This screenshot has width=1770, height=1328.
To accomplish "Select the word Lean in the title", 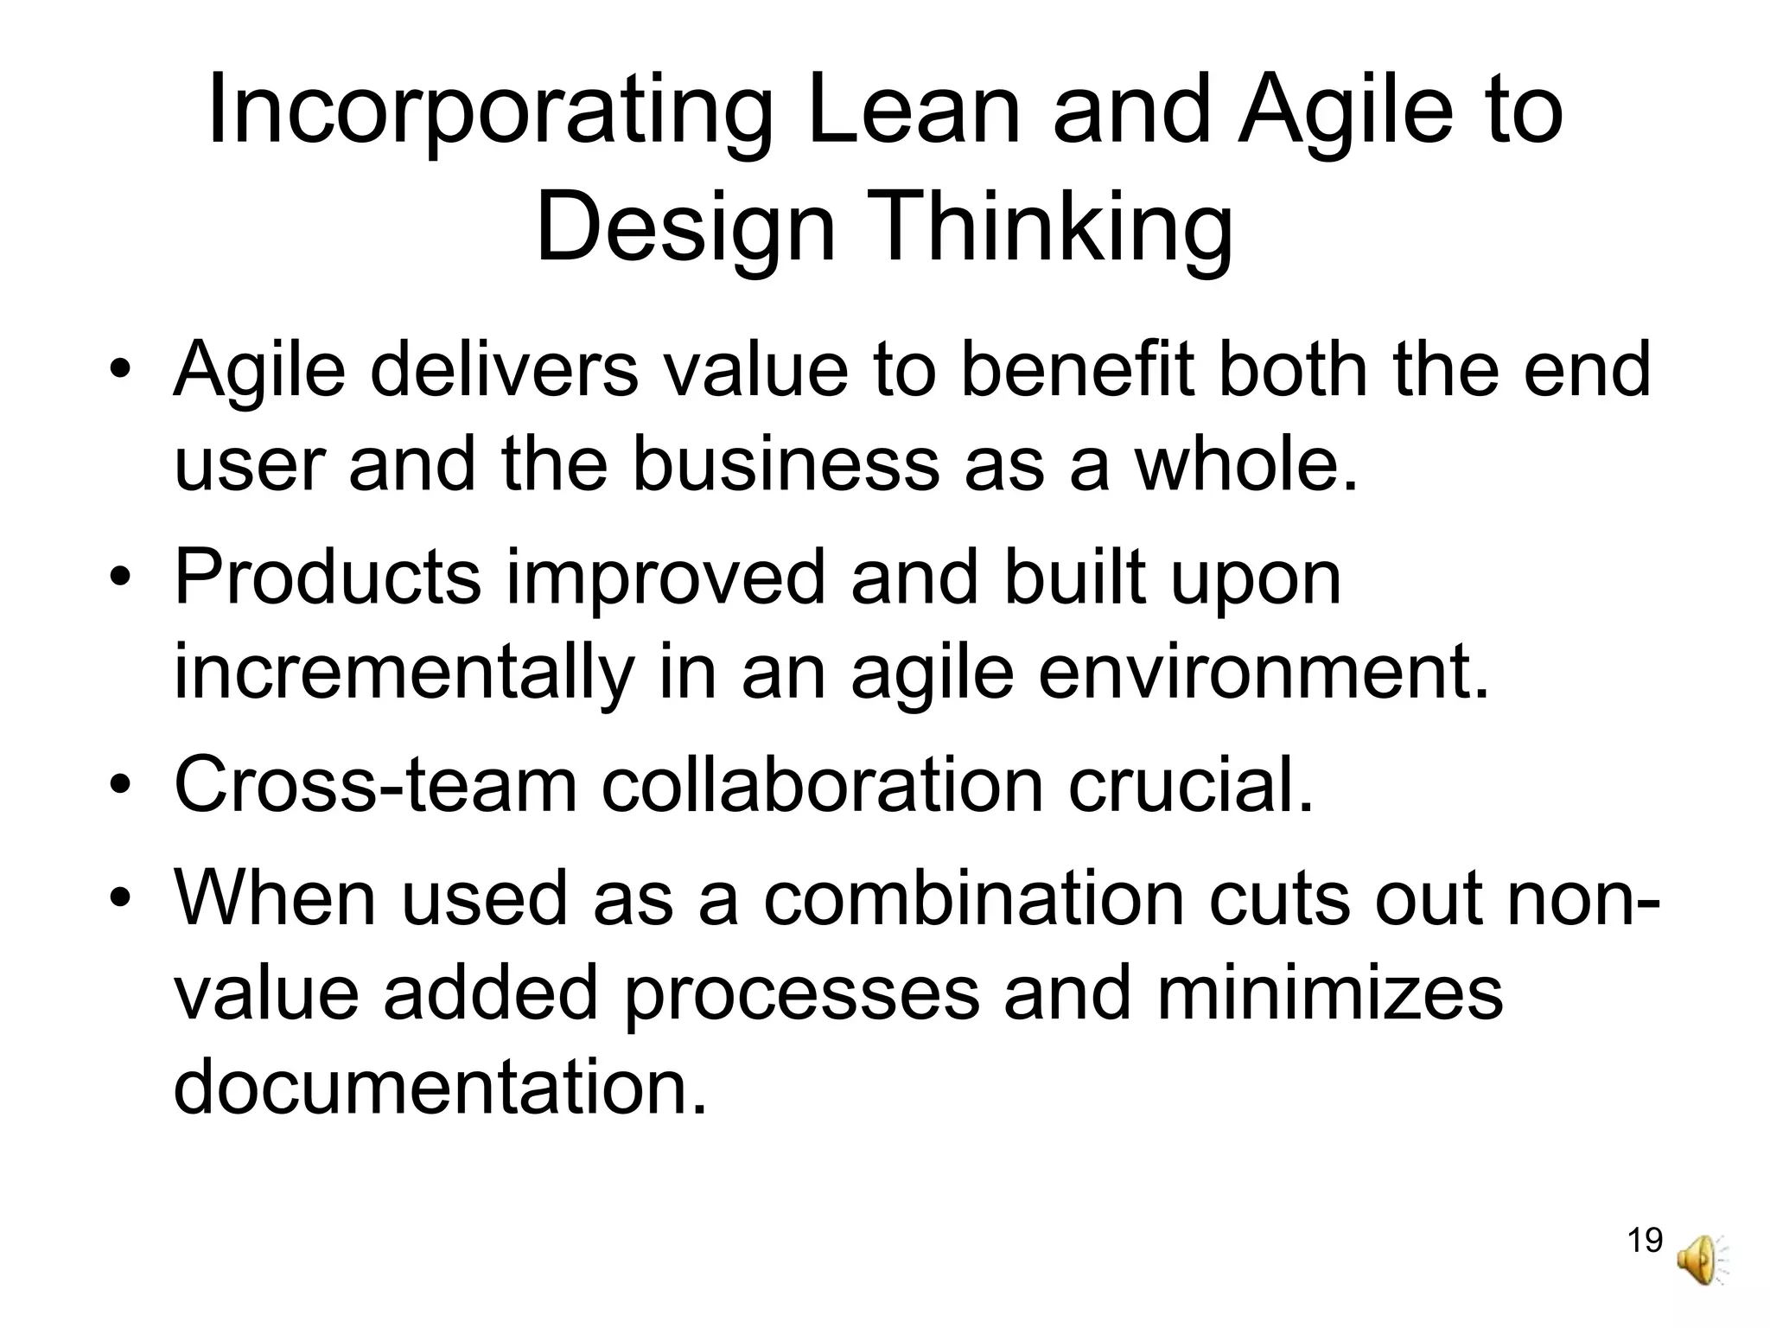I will click(x=914, y=112).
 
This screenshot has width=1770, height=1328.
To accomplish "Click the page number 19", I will click(x=1645, y=1240).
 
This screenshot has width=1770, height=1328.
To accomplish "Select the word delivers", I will click(x=505, y=370).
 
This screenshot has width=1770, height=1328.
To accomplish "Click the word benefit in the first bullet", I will click(x=1078, y=370).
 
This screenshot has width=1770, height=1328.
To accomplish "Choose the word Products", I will click(x=328, y=578).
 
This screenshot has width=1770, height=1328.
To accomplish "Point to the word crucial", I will click(x=1191, y=785).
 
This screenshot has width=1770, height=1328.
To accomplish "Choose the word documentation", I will click(x=440, y=1088).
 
